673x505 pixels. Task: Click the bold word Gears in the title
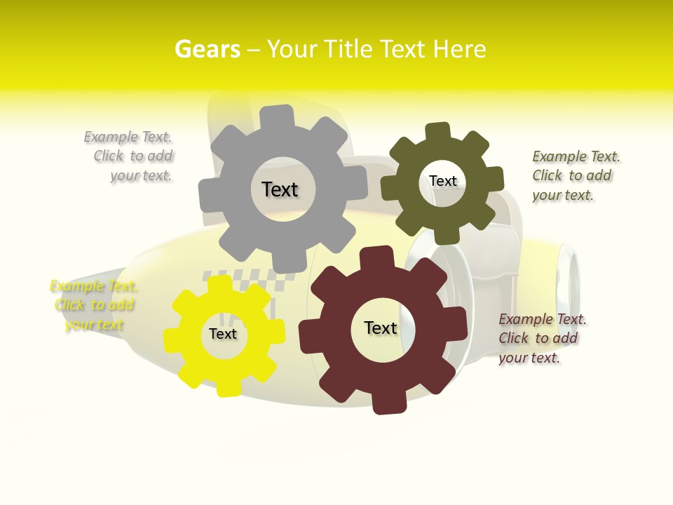[x=207, y=49]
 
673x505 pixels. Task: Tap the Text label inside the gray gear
[x=280, y=189]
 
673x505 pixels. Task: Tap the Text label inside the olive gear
[x=442, y=181]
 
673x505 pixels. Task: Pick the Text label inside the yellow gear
[x=223, y=334]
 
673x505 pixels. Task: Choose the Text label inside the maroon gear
[x=381, y=328]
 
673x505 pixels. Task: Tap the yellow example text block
[x=93, y=305]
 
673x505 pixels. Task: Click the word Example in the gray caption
[x=111, y=137]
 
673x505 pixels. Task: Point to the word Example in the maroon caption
[x=526, y=320]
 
